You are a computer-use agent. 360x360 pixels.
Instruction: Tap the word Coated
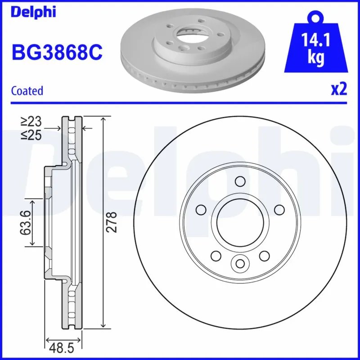(x=27, y=90)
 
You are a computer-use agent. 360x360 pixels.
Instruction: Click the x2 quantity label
(x=339, y=90)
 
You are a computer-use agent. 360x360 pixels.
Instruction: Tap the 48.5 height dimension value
(x=63, y=347)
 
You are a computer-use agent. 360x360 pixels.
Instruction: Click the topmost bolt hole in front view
(x=240, y=181)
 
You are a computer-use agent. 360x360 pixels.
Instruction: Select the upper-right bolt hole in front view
(x=279, y=210)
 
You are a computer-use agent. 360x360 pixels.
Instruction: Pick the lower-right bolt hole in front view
(x=264, y=256)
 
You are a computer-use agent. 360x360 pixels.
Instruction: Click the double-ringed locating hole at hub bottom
(x=239, y=263)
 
